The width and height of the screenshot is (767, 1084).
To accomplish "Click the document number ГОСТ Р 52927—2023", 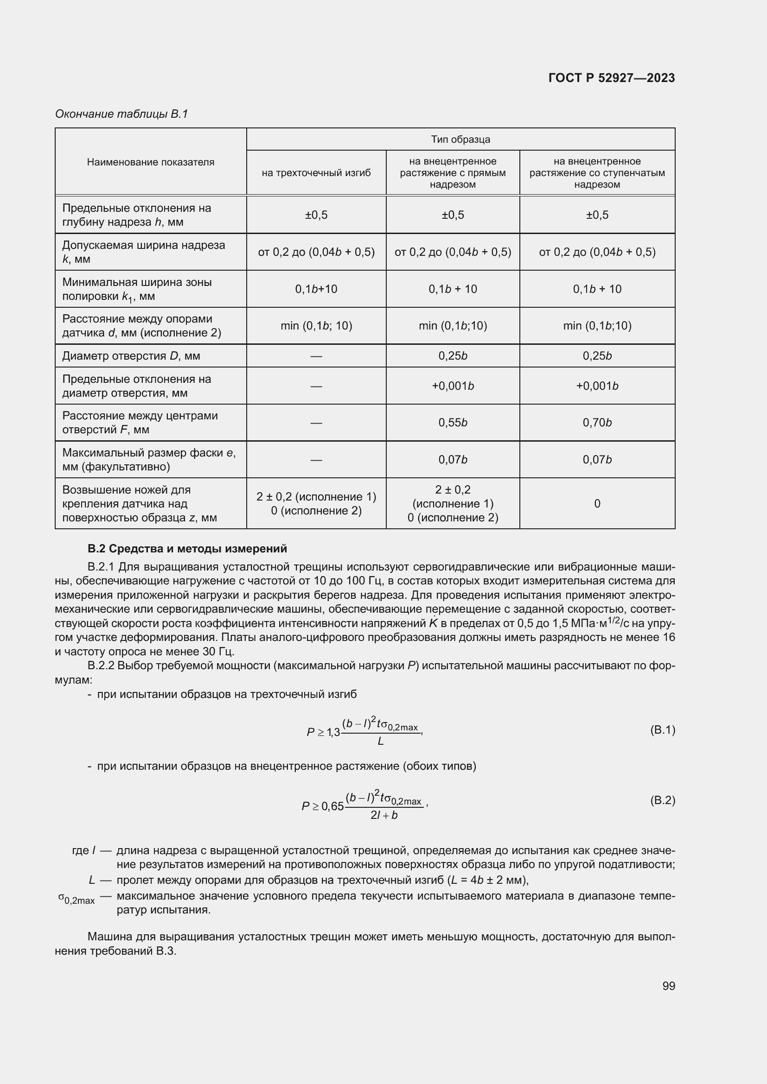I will (611, 78).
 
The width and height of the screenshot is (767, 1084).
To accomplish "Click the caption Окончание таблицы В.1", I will (121, 114).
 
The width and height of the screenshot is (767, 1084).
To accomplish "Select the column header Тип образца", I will (460, 139).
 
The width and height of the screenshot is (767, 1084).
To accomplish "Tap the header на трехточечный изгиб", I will (316, 173).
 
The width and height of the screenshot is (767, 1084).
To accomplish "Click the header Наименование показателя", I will (150, 162).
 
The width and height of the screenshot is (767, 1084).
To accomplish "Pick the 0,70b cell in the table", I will (597, 423).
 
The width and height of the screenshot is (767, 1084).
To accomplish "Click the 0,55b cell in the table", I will (453, 423).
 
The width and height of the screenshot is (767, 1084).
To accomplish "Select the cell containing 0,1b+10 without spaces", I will (316, 289).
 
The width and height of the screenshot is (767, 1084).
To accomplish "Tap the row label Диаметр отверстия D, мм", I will (131, 356).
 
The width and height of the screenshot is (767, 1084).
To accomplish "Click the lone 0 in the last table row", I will (597, 504).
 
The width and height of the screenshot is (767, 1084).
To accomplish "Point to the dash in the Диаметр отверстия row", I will (316, 356).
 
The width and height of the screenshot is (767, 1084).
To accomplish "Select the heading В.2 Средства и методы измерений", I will (187, 549).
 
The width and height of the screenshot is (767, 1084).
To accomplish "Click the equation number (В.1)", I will (662, 730).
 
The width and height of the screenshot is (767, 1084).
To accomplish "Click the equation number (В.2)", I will (662, 800).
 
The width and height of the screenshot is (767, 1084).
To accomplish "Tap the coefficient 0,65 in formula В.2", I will (332, 806).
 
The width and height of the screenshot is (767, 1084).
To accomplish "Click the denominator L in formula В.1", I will (381, 742).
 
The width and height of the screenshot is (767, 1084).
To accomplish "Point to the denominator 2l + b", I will (383, 815).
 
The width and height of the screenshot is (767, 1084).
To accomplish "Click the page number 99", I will (668, 986).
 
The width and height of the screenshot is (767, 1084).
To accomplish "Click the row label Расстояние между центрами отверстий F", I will (140, 423).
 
